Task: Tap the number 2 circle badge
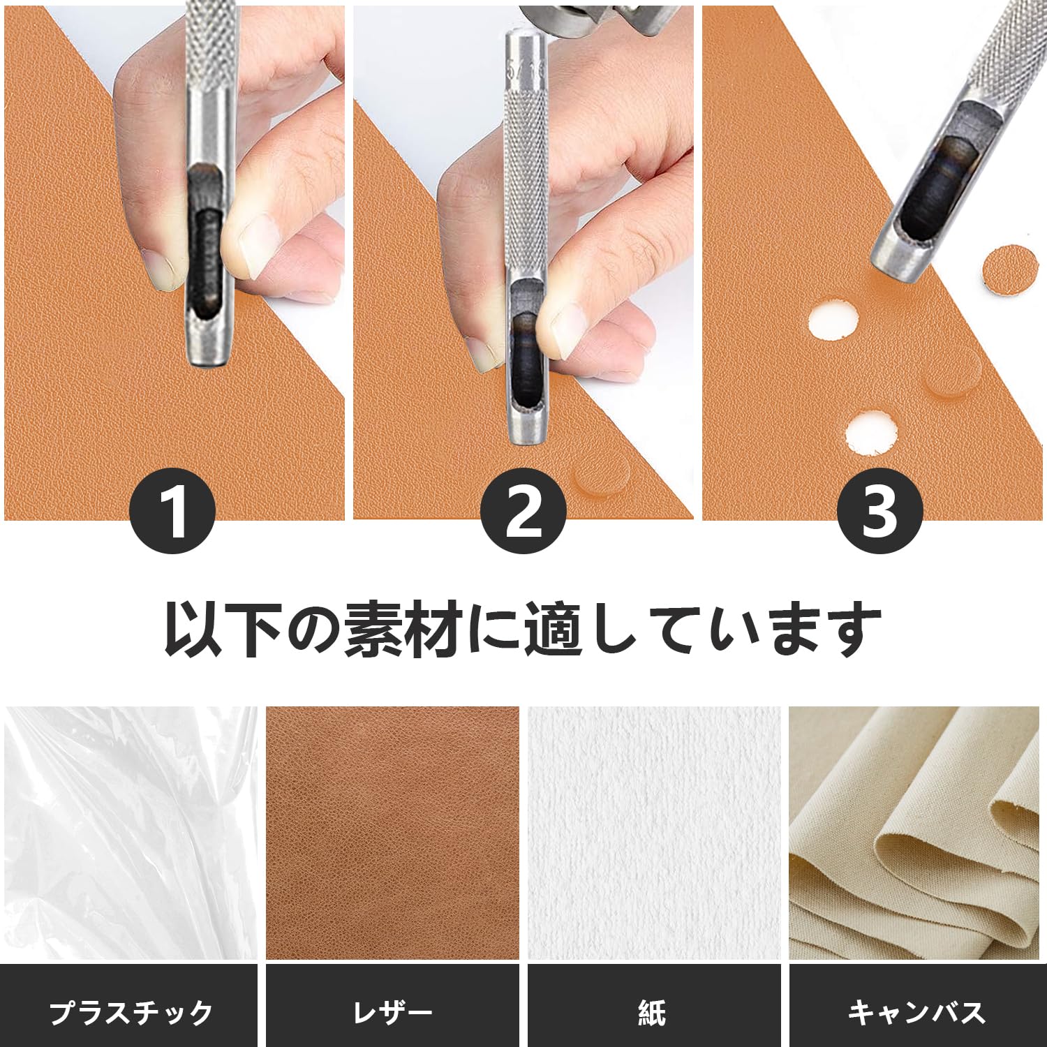pos(523,512)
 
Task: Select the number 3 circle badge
pos(879,512)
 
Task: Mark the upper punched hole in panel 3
pos(833,320)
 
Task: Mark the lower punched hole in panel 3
pos(870,432)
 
